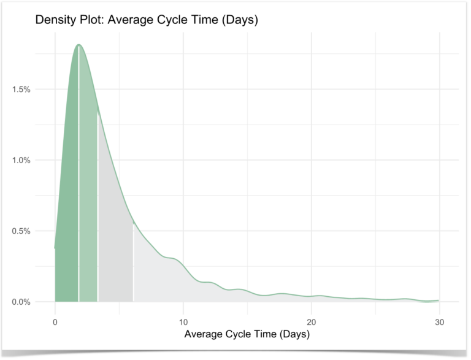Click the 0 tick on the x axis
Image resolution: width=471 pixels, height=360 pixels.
pos(55,319)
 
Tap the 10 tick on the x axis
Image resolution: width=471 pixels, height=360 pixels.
pos(183,319)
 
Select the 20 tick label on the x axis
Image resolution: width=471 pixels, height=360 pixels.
pos(312,319)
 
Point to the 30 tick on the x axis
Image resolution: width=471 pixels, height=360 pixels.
pos(439,319)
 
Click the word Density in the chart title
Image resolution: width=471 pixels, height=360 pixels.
pos(56,20)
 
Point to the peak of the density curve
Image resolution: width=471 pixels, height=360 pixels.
pos(78,45)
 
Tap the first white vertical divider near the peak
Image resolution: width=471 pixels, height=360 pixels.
pos(78,184)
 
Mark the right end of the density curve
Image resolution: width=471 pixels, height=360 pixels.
pos(438,301)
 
